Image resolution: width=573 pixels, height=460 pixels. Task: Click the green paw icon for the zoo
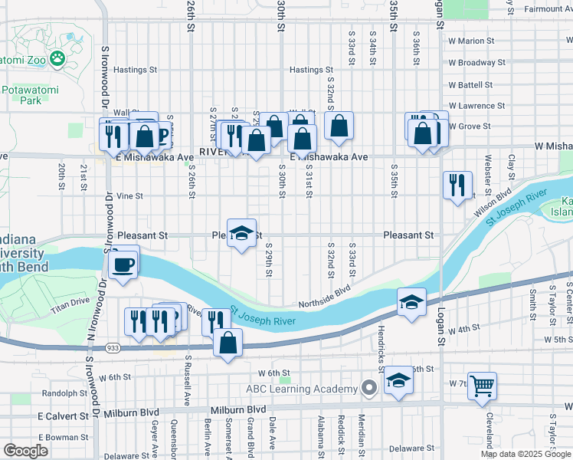[57, 58]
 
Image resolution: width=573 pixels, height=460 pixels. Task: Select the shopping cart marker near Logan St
[482, 386]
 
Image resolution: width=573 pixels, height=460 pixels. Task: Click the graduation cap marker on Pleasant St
[241, 233]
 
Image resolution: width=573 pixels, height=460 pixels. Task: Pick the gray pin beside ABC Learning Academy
[369, 388]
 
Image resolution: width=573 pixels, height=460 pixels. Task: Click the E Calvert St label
[64, 416]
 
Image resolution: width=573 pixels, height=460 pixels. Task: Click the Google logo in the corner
[25, 451]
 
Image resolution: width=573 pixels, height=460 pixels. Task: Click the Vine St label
[129, 196]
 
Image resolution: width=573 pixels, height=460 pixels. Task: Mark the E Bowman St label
[66, 437]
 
